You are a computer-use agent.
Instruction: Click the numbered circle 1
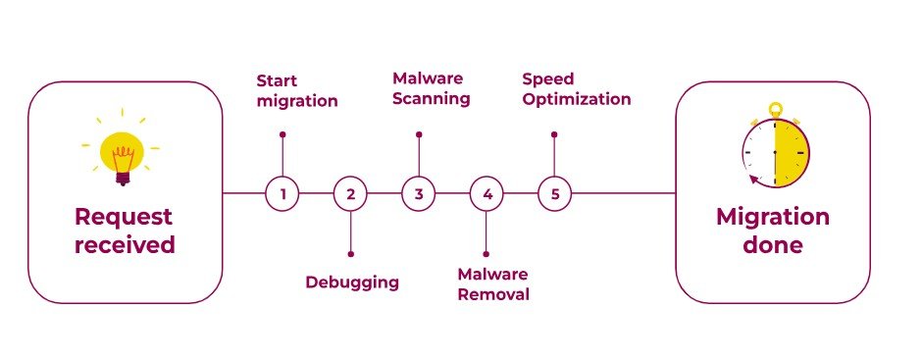[282, 193]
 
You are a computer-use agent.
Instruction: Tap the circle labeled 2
[350, 193]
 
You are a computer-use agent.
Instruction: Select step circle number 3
[419, 193]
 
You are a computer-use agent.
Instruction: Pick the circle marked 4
[487, 193]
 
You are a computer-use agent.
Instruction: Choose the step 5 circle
[554, 193]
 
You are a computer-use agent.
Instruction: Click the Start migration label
[297, 91]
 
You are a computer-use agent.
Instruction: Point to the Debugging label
[352, 283]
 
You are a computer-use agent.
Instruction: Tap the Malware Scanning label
[431, 88]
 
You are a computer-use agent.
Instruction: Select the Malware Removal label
[493, 284]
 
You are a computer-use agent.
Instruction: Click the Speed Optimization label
[577, 89]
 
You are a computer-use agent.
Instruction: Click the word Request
[124, 218]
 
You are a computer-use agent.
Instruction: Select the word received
[125, 244]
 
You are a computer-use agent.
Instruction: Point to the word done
[773, 243]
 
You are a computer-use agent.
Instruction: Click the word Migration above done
[773, 218]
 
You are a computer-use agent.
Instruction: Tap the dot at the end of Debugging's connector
[351, 254]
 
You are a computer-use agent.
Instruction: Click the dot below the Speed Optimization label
[554, 134]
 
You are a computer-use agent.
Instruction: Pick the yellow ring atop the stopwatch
[776, 110]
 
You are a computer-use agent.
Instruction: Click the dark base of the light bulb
[123, 178]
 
